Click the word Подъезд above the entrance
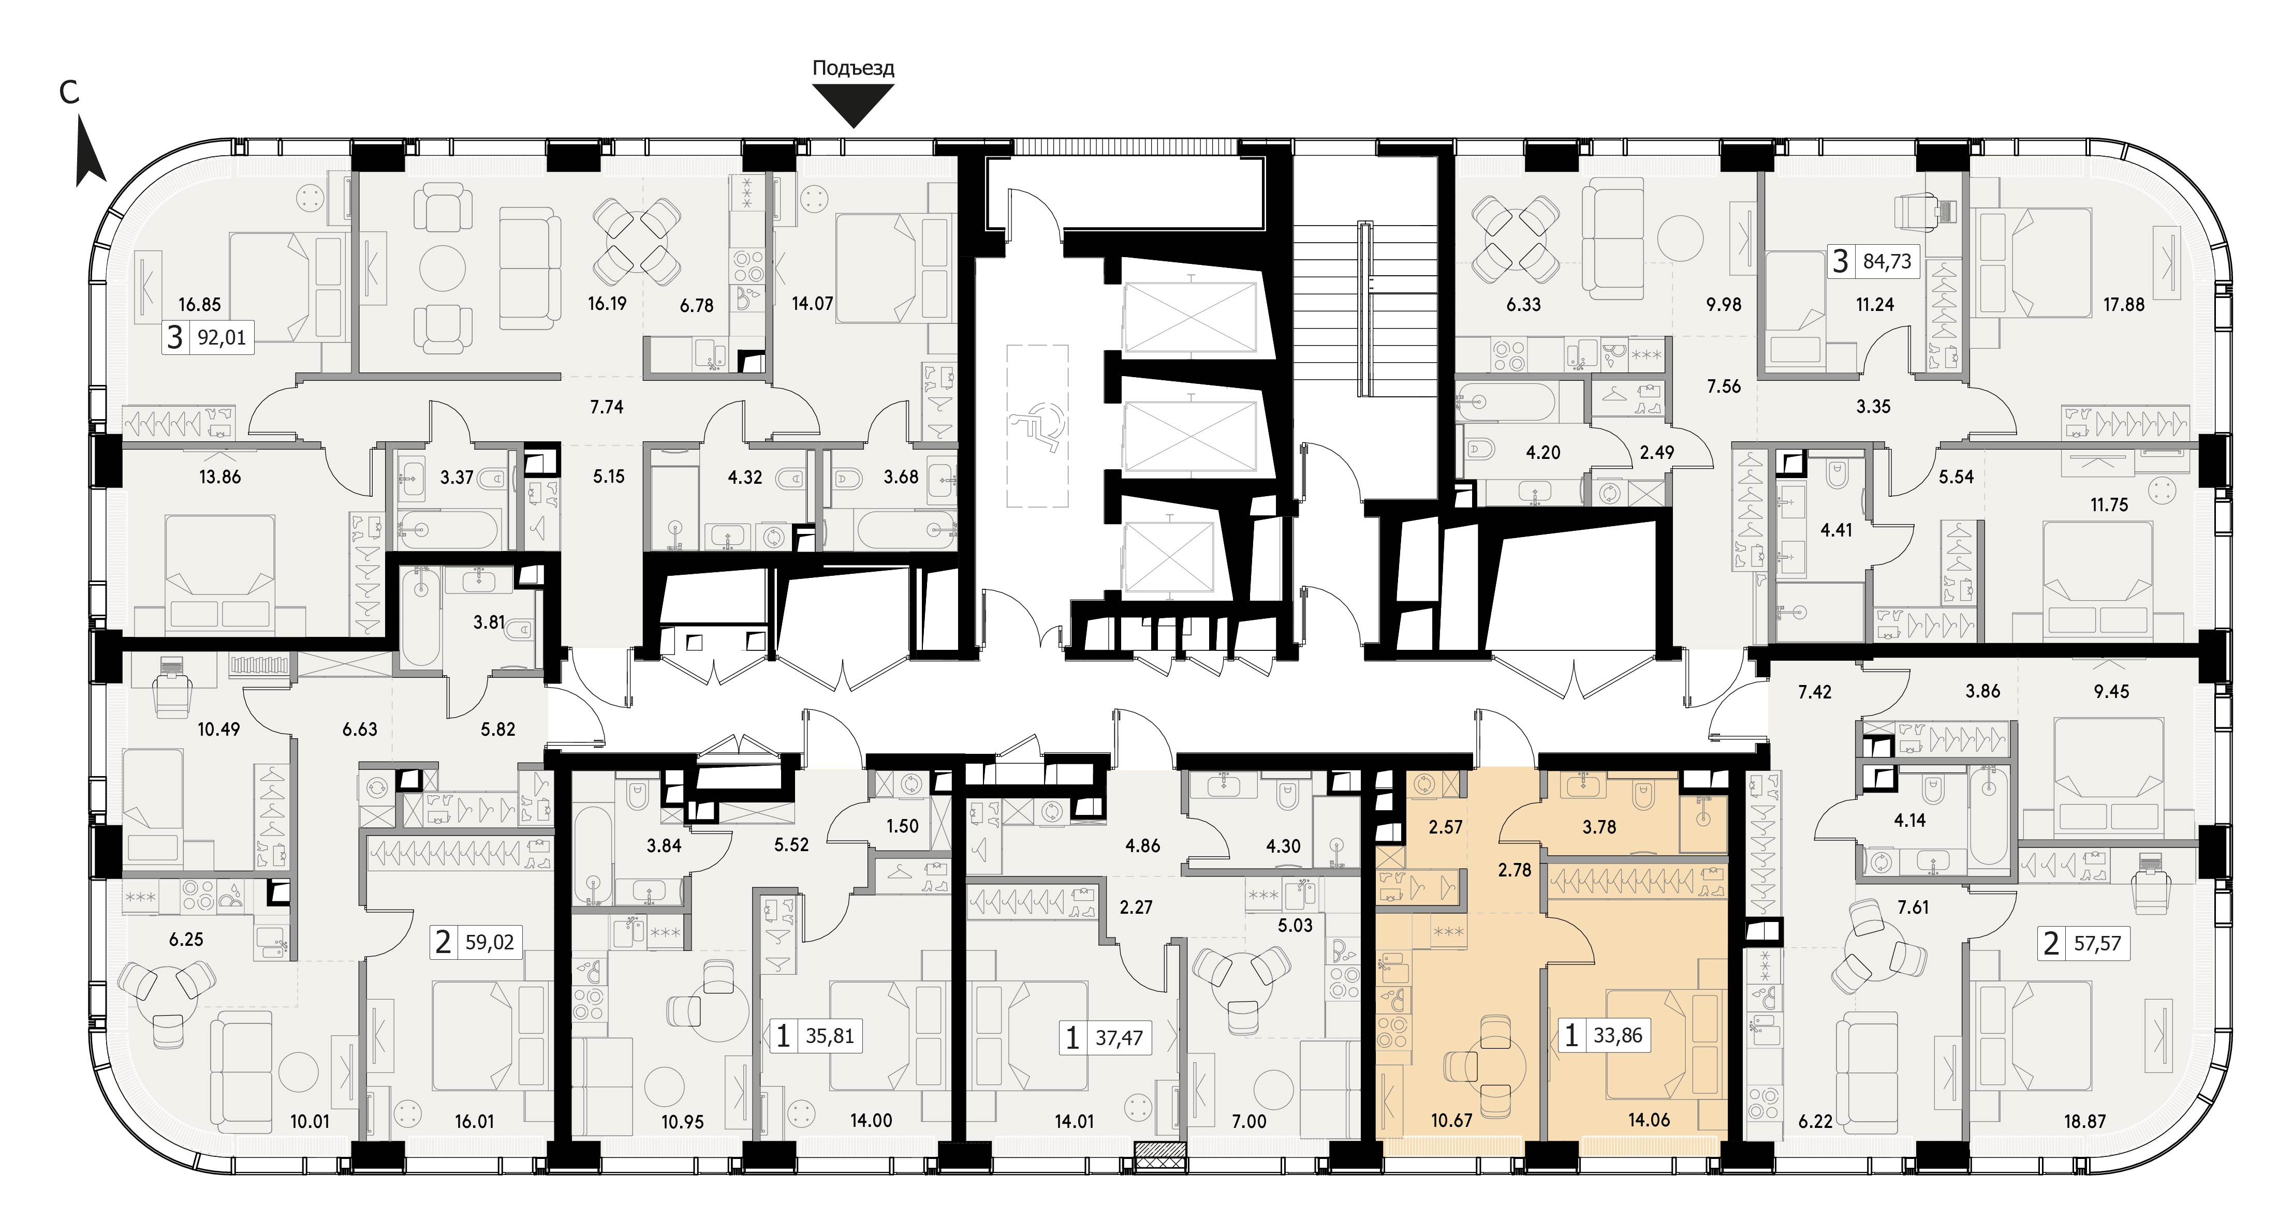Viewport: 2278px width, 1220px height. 854,68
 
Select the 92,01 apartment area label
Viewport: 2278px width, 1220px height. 221,337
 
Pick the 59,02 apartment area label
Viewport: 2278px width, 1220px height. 490,942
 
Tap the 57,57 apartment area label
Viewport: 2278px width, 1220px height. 2097,943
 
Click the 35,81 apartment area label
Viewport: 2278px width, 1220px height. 830,1035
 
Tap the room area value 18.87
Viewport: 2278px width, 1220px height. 2084,1121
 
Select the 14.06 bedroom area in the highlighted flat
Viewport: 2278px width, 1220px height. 1649,1120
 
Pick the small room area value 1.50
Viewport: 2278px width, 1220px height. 902,826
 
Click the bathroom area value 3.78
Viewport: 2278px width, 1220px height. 1599,827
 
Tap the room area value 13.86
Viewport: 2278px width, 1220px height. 219,478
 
